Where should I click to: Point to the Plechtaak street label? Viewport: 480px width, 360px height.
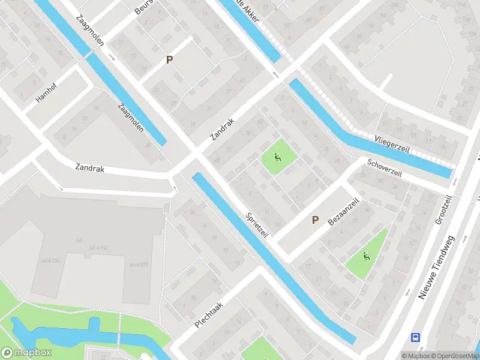209,314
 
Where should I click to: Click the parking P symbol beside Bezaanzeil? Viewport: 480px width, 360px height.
315,220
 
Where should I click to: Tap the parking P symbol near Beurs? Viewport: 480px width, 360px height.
170,60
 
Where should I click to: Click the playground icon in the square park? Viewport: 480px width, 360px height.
277,158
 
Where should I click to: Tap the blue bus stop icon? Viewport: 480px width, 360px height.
415,338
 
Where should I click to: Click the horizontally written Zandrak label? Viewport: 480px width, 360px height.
90,169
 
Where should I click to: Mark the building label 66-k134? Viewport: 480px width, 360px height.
52,260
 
